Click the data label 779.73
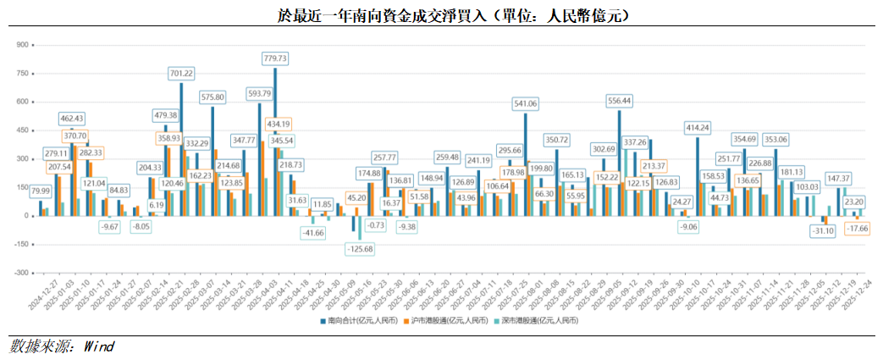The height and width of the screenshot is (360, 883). (x=276, y=58)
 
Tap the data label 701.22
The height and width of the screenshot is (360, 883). (x=181, y=74)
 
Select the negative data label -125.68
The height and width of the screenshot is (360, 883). (x=361, y=249)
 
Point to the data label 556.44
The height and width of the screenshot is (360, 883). (x=619, y=100)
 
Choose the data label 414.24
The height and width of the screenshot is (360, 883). (x=698, y=127)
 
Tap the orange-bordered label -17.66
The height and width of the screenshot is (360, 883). (x=856, y=228)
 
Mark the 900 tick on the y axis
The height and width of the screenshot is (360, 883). (x=23, y=44)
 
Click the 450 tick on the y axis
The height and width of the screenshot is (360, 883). (x=23, y=130)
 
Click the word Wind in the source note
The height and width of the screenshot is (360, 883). (x=98, y=347)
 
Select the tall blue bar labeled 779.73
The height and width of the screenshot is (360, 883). (x=275, y=144)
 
